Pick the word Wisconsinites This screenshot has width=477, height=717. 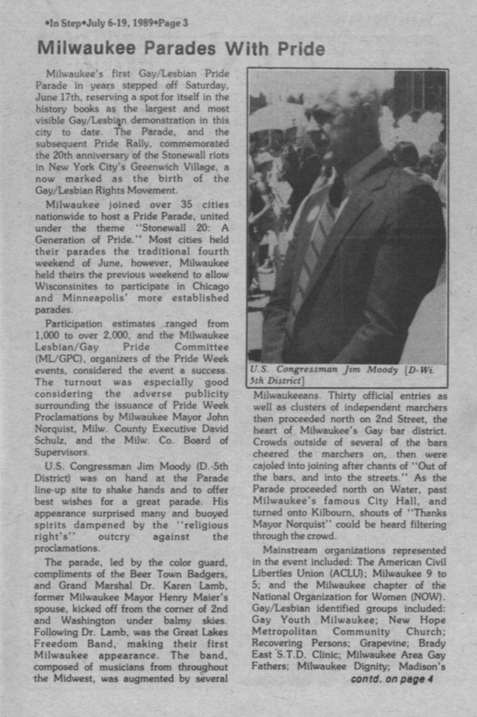pos(69,287)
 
